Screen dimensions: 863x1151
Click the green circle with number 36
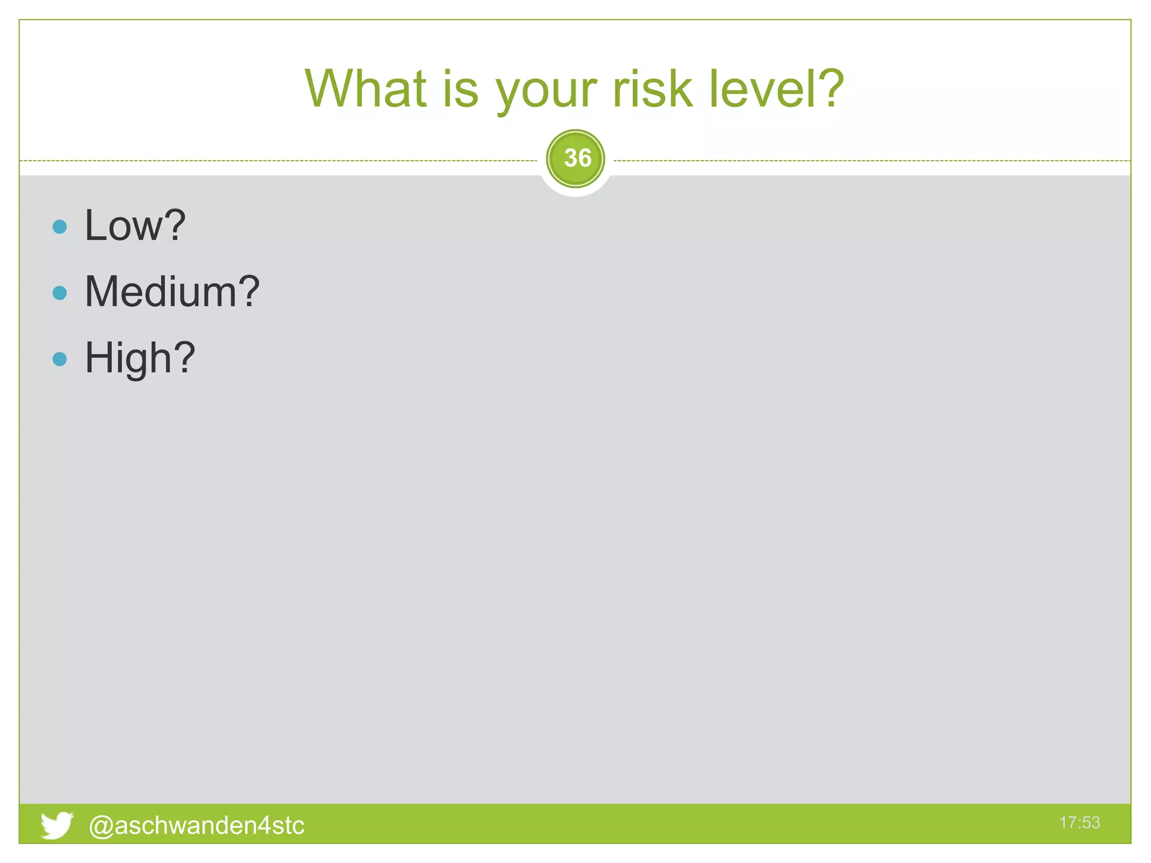tap(575, 158)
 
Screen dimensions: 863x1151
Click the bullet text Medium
tap(161, 292)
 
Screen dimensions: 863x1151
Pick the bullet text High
tap(128, 358)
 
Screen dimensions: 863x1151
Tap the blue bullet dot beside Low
tap(60, 226)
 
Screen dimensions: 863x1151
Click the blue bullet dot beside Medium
tap(60, 293)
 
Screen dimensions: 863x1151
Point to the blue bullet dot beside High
tap(60, 359)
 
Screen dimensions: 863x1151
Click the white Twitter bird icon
tap(56, 825)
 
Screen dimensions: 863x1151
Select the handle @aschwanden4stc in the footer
tap(197, 825)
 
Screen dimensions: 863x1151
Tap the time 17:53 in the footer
tap(1079, 823)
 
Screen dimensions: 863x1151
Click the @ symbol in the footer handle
tap(101, 826)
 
